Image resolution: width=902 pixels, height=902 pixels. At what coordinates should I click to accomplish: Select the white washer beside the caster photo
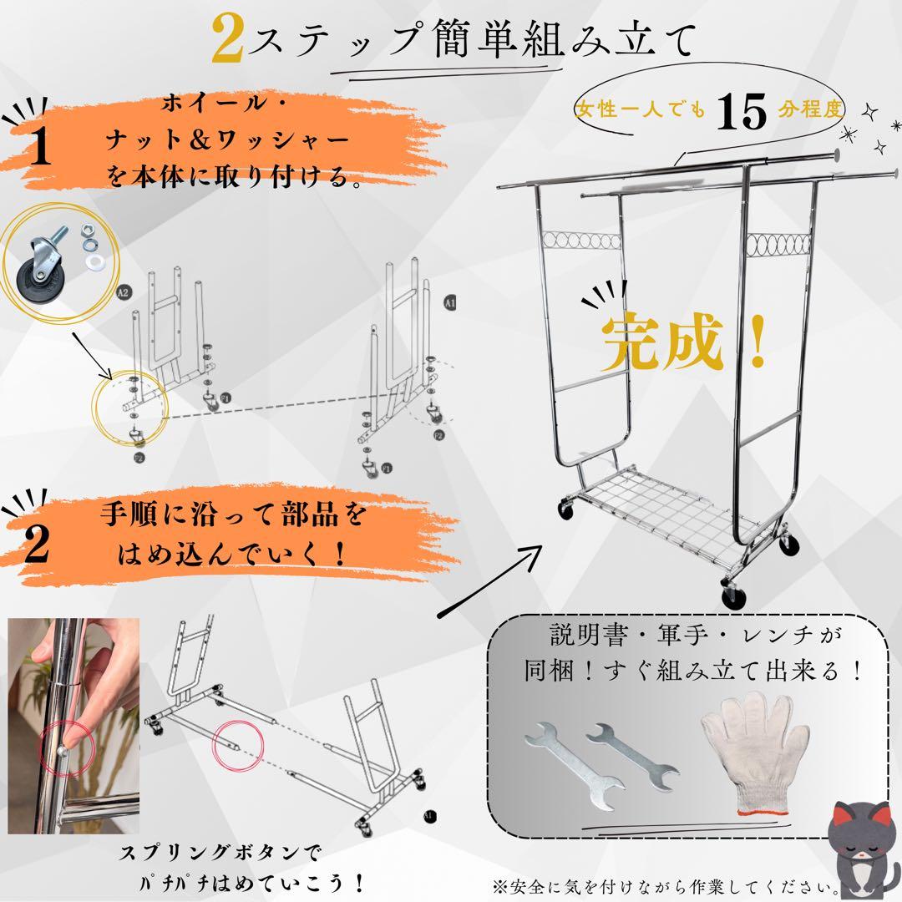(94, 261)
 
